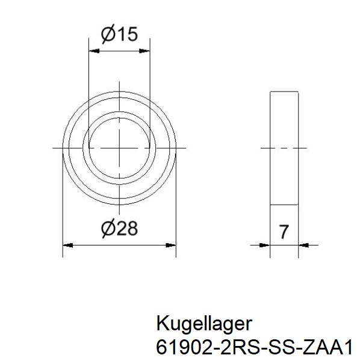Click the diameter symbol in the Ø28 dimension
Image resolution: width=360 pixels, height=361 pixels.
click(x=108, y=229)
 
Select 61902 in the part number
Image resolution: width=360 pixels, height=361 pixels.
click(x=179, y=347)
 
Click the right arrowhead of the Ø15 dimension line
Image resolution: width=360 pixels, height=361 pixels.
click(x=145, y=51)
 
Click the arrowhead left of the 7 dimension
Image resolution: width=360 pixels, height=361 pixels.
click(x=264, y=245)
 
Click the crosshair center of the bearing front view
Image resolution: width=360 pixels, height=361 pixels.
click(x=119, y=147)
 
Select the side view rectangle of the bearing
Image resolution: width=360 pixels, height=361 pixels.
click(x=284, y=174)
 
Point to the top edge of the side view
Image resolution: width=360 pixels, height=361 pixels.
click(x=284, y=93)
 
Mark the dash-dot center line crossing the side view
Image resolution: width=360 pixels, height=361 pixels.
click(x=284, y=147)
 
